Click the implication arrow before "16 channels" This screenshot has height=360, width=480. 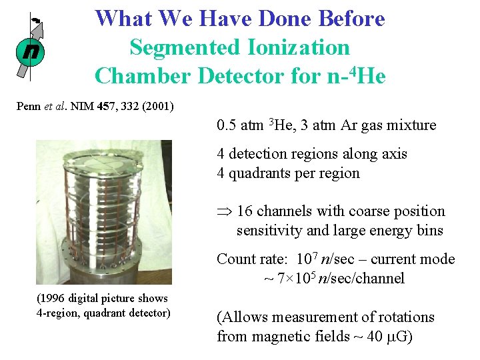click(x=223, y=212)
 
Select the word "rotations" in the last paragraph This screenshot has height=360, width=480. click(x=405, y=317)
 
